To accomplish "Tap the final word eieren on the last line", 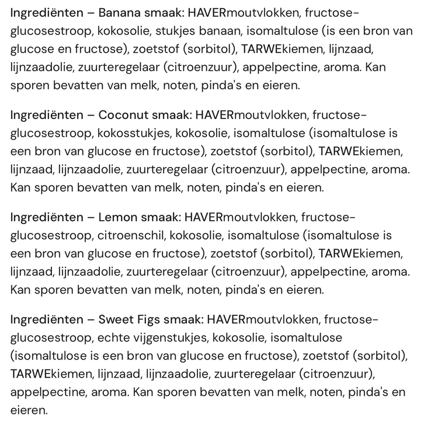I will (28, 410).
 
